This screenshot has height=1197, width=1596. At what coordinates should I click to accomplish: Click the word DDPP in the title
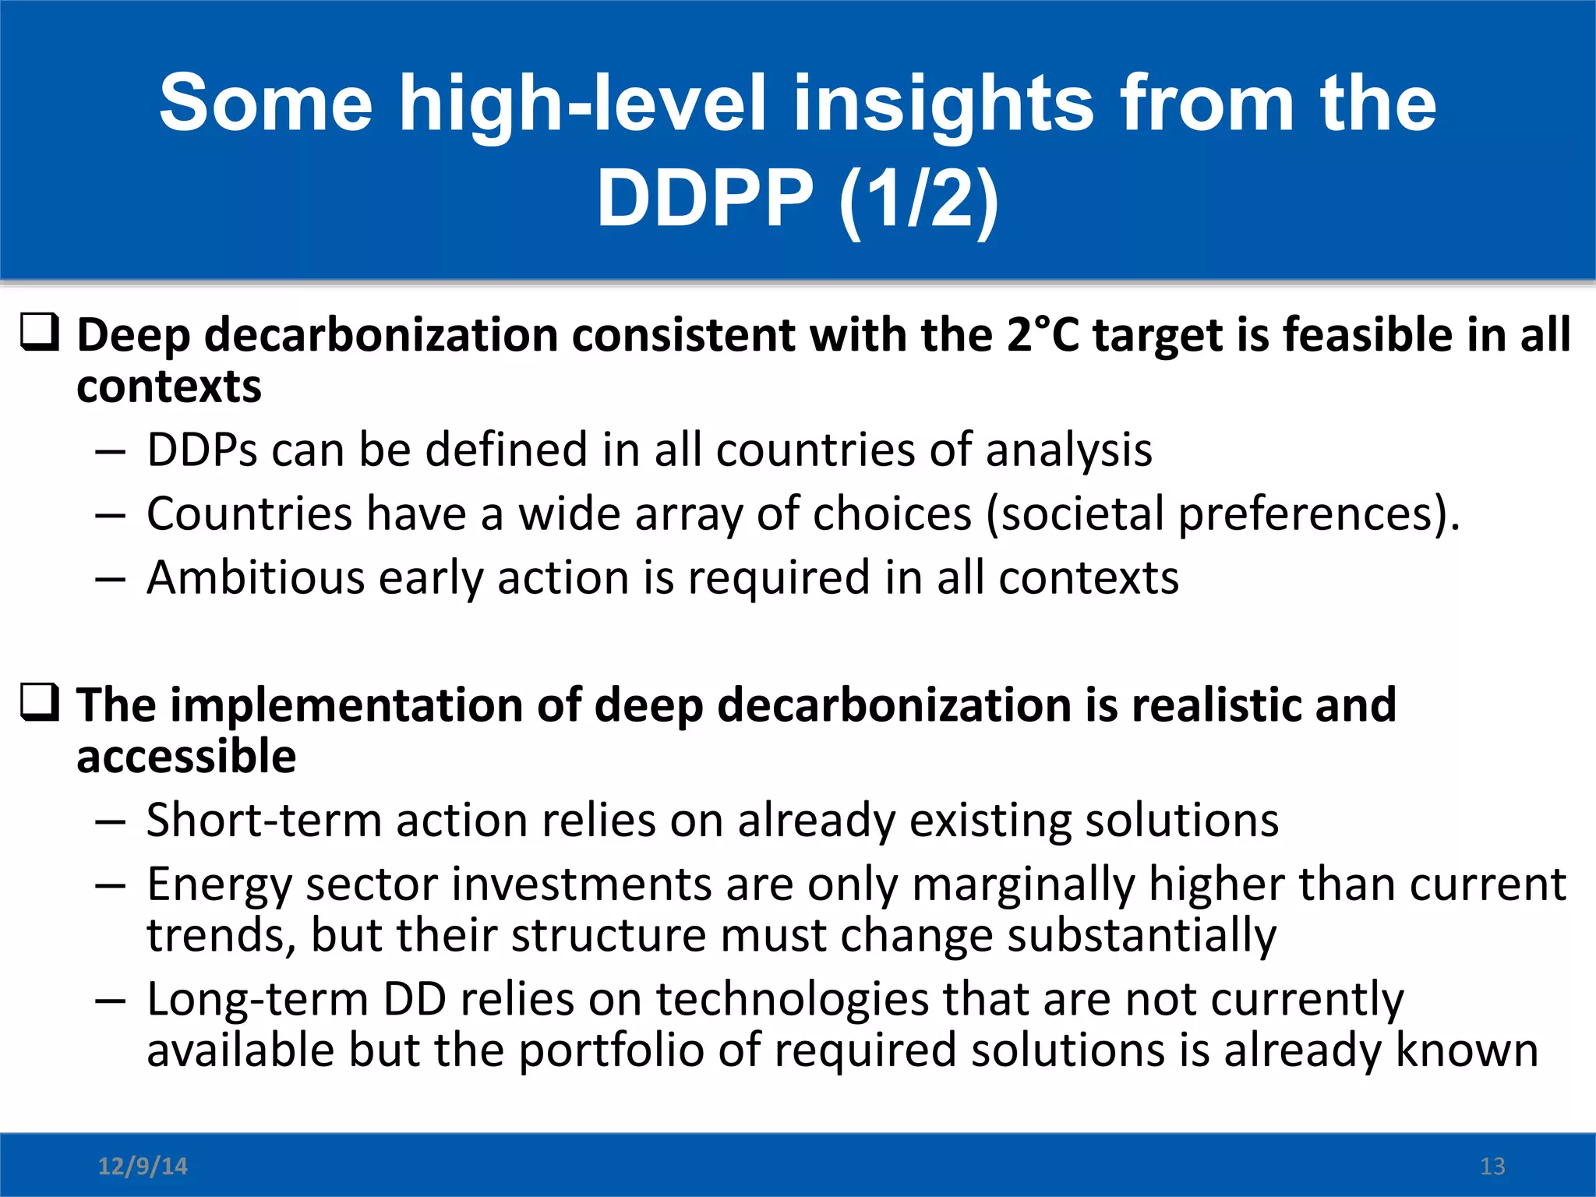pos(704,199)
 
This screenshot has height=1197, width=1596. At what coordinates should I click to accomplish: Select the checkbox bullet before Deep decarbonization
pos(39,333)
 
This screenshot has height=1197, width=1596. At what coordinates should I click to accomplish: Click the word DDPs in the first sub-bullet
pos(202,450)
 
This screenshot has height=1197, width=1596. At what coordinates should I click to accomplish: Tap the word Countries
pos(249,514)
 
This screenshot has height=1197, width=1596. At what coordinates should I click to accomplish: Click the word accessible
pos(186,757)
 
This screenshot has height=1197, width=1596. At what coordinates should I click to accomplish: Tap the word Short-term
pos(264,821)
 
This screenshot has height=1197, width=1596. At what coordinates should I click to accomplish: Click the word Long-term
pos(257,1000)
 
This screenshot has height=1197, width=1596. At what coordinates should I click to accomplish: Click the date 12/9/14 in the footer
pos(143,1166)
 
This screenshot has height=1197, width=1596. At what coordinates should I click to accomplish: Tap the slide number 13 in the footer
pos(1492,1166)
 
